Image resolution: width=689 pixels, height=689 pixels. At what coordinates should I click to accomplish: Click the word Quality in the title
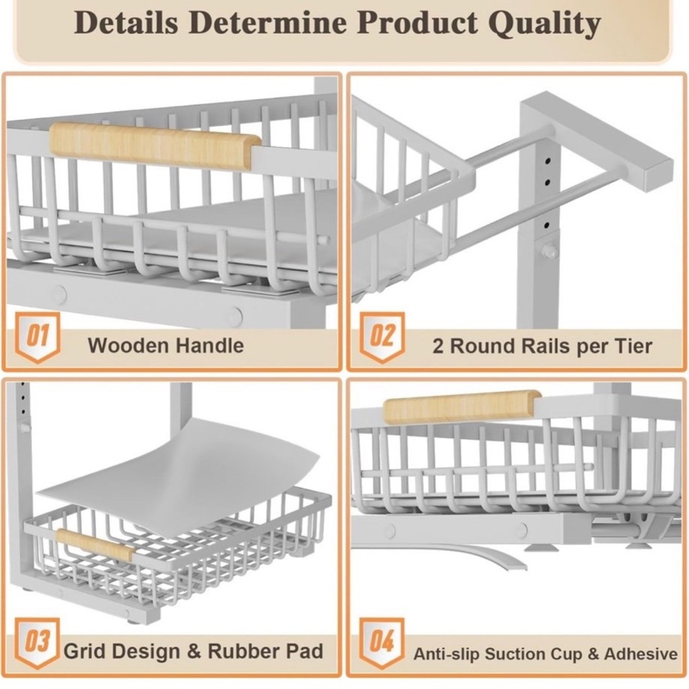pyautogui.click(x=544, y=23)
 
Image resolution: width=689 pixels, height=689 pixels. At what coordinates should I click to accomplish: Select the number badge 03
pyautogui.click(x=38, y=643)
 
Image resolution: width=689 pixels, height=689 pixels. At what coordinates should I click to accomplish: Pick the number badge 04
pyautogui.click(x=382, y=643)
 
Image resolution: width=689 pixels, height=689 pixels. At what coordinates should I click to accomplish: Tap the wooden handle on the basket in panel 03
pyautogui.click(x=94, y=545)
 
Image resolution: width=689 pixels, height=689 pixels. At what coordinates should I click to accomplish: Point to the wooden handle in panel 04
pyautogui.click(x=462, y=406)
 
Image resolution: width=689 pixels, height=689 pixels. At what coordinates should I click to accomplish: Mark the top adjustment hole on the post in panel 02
pyautogui.click(x=548, y=161)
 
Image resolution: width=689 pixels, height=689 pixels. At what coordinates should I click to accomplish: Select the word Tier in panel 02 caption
pyautogui.click(x=635, y=347)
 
